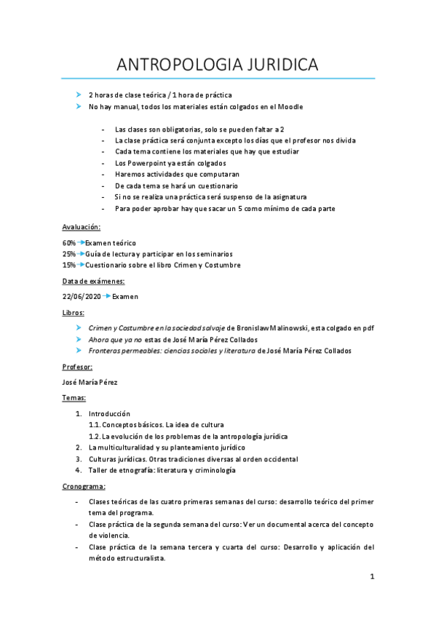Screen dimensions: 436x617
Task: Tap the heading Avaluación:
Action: coord(81,227)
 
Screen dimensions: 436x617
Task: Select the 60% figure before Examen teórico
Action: coord(69,242)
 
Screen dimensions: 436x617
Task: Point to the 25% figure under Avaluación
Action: coord(69,254)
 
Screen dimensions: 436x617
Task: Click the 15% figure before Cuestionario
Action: coord(69,265)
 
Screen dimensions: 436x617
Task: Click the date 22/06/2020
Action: coord(82,296)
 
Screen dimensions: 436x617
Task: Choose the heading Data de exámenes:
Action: coord(93,281)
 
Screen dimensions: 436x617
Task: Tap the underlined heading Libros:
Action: coord(74,312)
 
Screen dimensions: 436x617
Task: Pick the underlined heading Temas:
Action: coord(74,398)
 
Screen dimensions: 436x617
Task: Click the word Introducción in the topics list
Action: coord(109,413)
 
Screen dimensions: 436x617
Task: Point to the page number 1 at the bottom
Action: coord(372,577)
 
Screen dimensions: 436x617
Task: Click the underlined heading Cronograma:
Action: coord(85,485)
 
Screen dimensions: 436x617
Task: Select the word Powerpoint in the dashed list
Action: coord(150,163)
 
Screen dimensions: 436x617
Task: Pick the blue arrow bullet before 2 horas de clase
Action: coord(79,95)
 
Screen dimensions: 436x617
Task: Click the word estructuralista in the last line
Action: coord(140,558)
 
